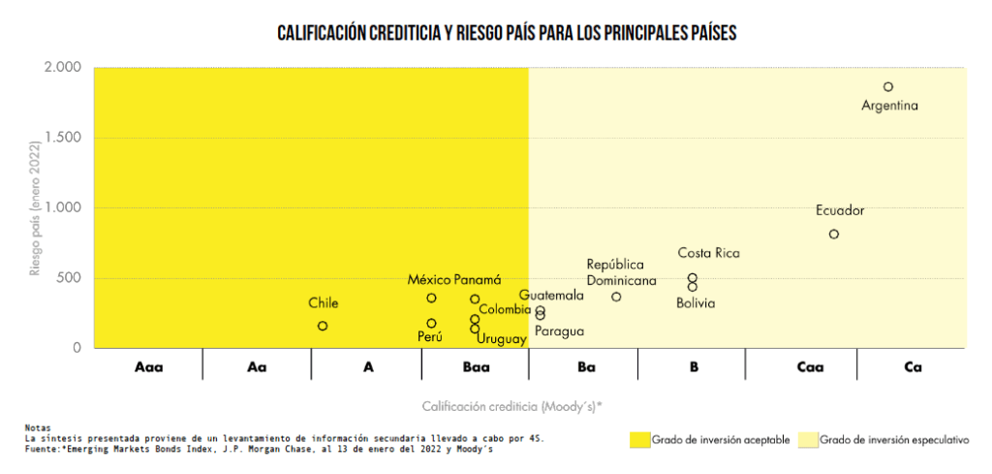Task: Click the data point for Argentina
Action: click(888, 87)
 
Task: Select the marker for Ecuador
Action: click(834, 235)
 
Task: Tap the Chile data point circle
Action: click(323, 326)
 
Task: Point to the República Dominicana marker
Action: click(616, 297)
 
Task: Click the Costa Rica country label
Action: click(708, 254)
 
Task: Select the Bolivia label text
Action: click(696, 303)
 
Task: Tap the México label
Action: click(428, 280)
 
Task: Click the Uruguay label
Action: click(502, 339)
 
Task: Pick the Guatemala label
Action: click(551, 295)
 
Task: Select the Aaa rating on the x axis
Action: click(149, 367)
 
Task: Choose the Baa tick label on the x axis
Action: click(476, 367)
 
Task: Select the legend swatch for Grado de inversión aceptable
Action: click(639, 439)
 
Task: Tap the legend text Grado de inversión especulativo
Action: click(894, 439)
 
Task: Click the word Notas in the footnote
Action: click(39, 427)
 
